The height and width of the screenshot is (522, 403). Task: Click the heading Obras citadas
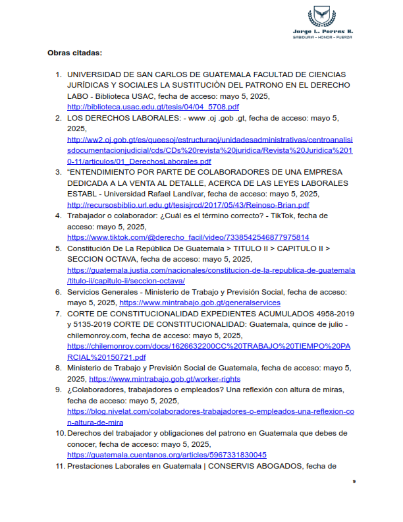74,52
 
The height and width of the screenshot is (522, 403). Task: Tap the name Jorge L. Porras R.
322,31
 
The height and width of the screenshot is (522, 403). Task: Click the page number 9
354,482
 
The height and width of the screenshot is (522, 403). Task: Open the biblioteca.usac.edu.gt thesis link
153,107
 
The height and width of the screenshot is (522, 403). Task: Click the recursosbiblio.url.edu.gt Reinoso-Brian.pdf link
188,204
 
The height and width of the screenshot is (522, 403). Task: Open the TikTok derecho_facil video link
188,237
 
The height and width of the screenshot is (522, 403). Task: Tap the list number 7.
58,314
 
